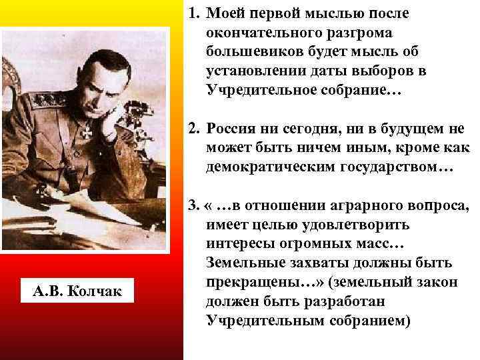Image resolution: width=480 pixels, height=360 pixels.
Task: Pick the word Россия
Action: [x=229, y=129]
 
